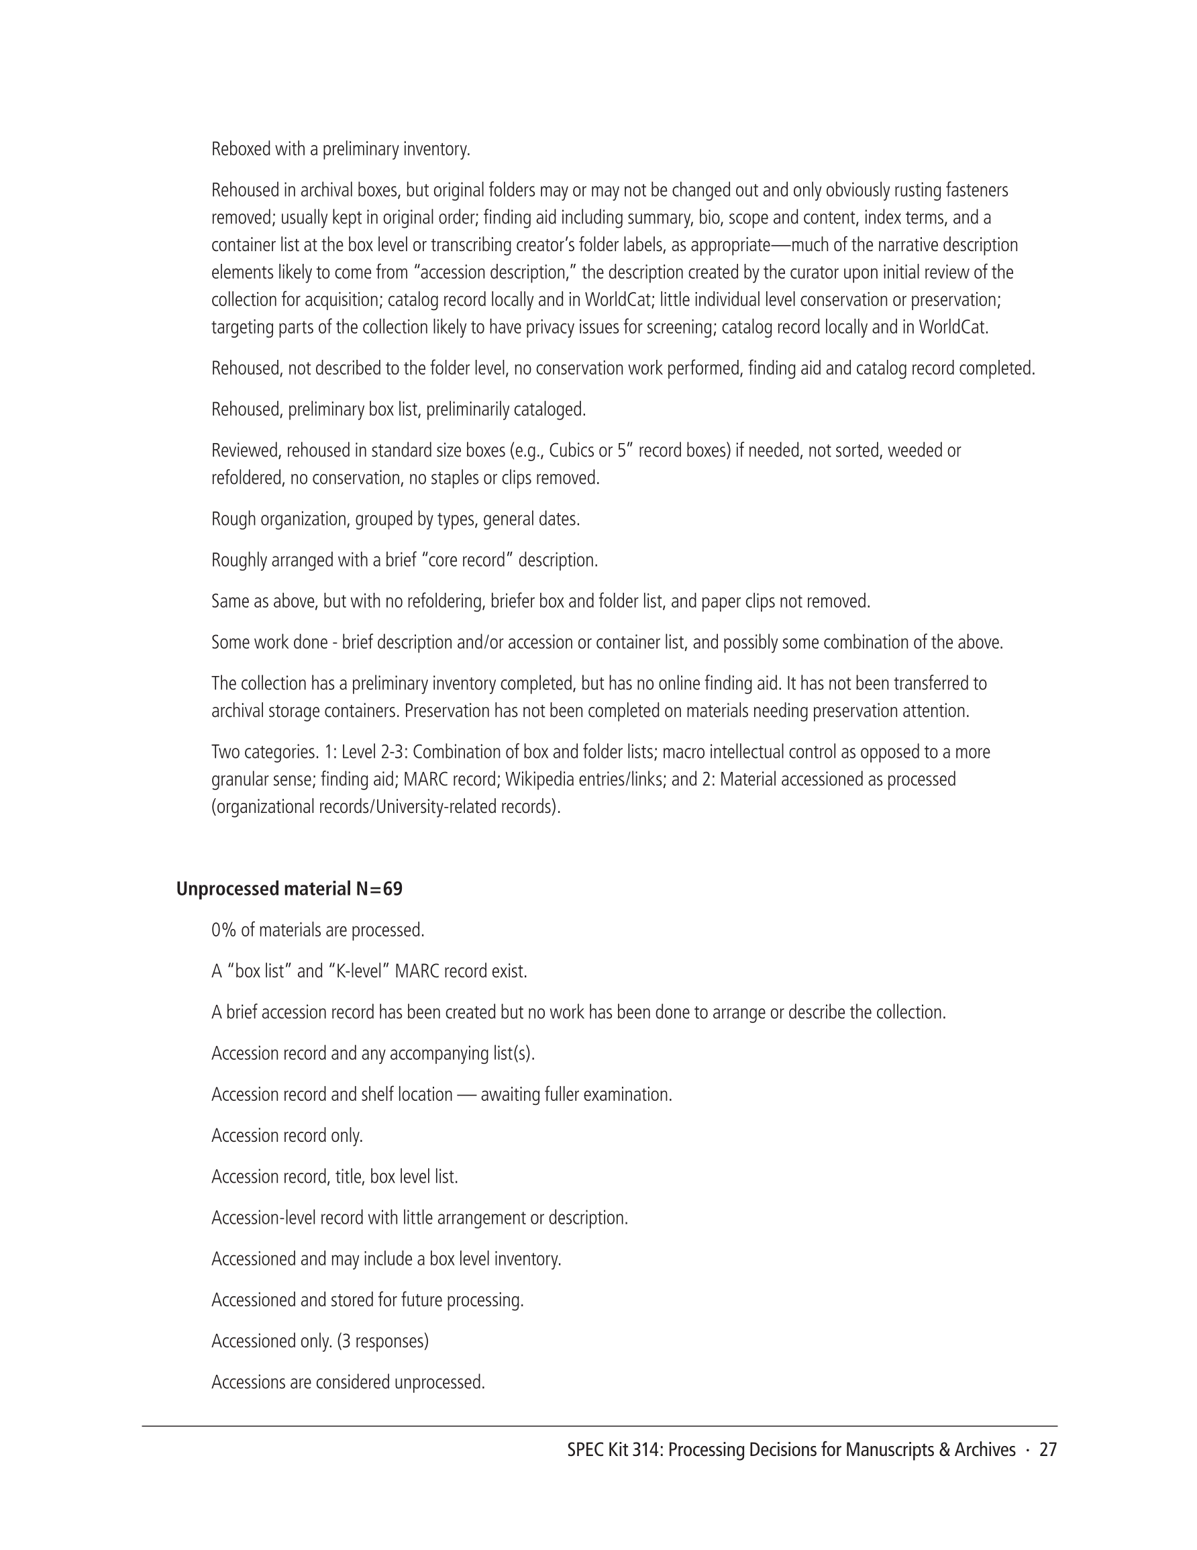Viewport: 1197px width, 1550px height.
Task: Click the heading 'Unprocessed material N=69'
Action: [x=289, y=889]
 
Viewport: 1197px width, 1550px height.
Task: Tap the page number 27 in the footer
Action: [x=1047, y=1450]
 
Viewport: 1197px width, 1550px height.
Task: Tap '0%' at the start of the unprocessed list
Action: [x=223, y=930]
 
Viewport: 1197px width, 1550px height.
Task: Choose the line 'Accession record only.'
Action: [x=287, y=1136]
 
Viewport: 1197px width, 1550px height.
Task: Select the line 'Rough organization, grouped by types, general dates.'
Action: [x=395, y=520]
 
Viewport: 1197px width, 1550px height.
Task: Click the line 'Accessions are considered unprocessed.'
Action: [x=348, y=1382]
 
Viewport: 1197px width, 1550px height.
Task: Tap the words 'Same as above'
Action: [x=263, y=602]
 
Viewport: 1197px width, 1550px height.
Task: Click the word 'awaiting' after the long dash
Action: [x=510, y=1095]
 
